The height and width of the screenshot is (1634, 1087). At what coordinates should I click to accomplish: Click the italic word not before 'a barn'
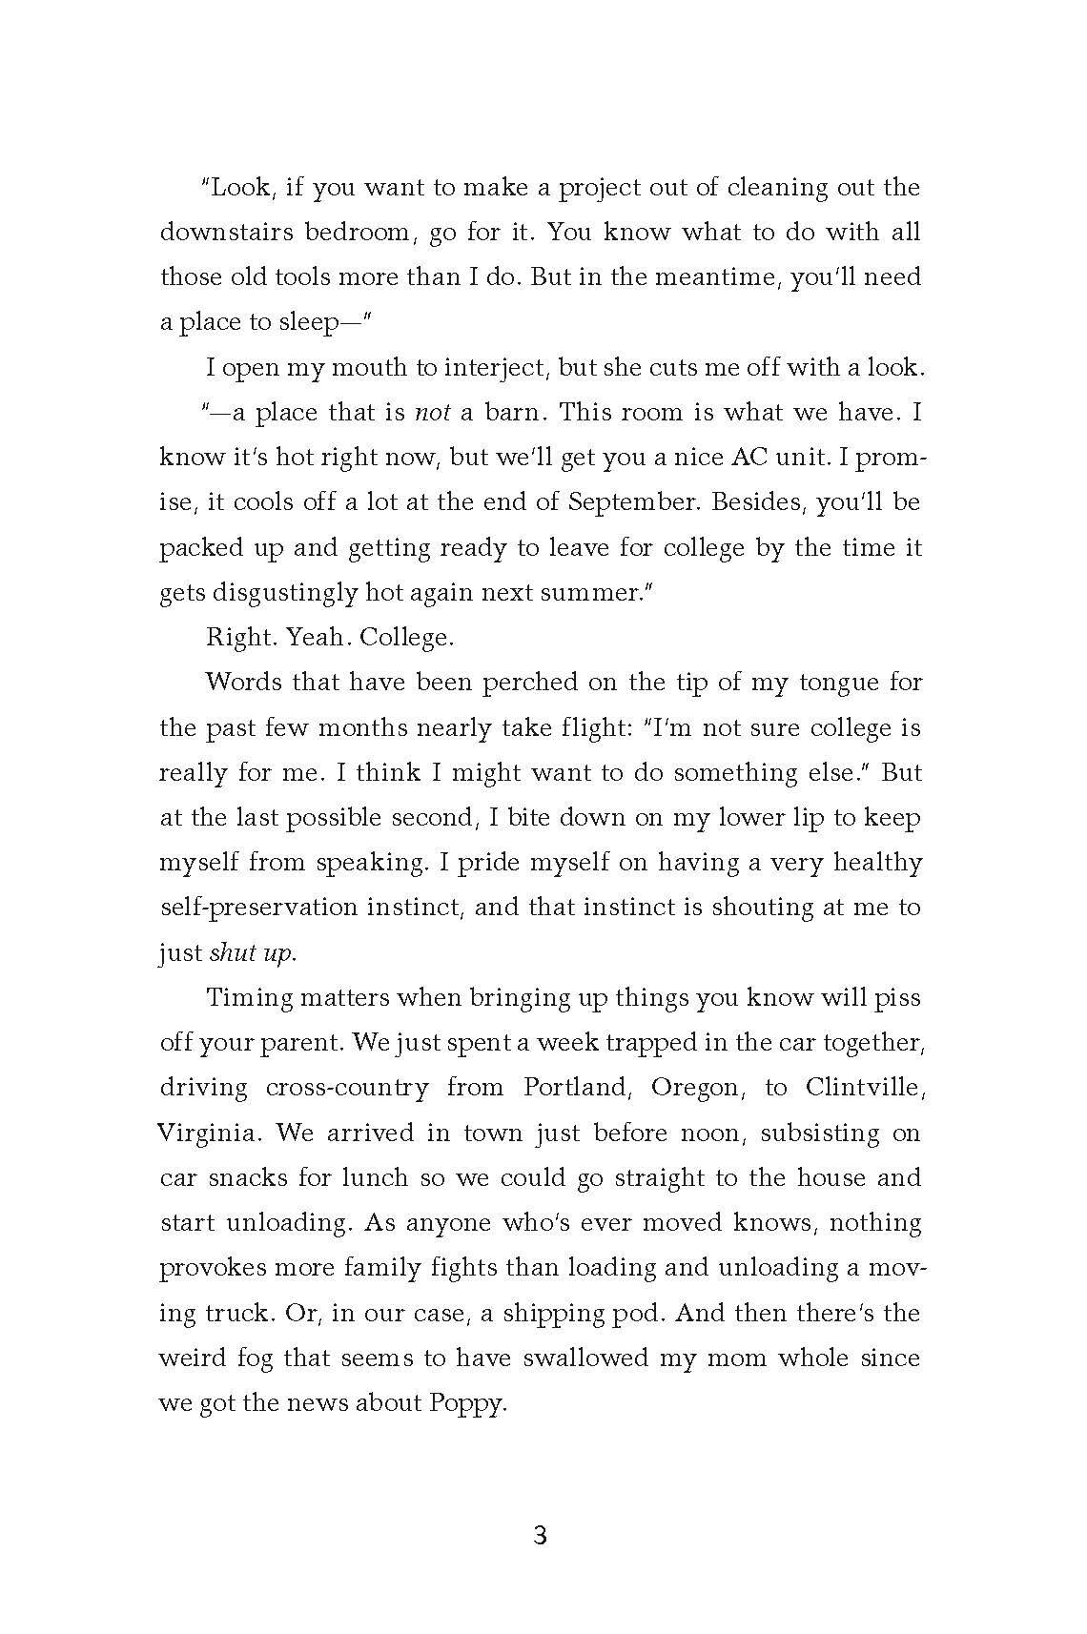click(x=432, y=413)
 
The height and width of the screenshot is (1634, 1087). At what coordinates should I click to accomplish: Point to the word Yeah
click(x=314, y=637)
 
